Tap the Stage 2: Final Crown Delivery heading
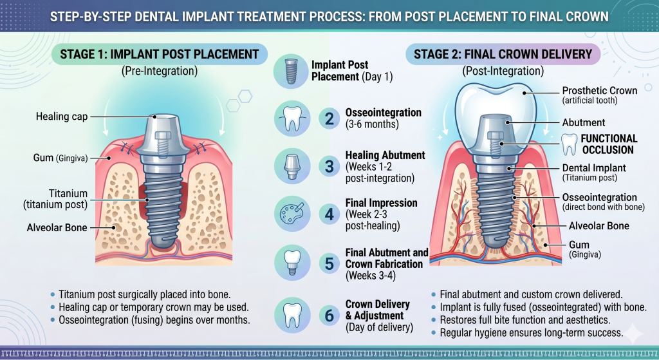click(503, 53)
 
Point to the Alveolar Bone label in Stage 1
click(57, 227)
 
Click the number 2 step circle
click(329, 118)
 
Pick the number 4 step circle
click(329, 213)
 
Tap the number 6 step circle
click(329, 315)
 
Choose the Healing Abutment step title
click(385, 155)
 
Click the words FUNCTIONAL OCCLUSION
click(609, 144)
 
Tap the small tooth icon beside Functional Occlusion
click(570, 144)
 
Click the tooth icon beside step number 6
click(291, 315)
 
